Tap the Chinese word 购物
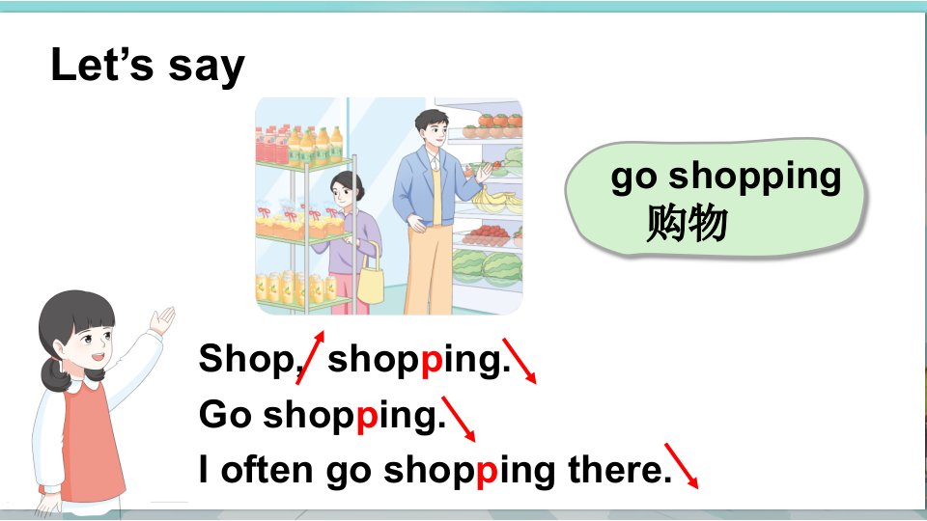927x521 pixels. tap(686, 223)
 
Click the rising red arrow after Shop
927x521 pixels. tap(310, 357)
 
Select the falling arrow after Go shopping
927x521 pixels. tap(459, 419)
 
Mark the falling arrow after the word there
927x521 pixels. tap(682, 466)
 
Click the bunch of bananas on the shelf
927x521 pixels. tap(498, 200)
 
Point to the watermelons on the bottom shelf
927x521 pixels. tap(487, 267)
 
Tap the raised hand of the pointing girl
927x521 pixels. tap(162, 320)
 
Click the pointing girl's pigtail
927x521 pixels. tap(57, 373)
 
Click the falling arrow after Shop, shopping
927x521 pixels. tap(520, 361)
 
